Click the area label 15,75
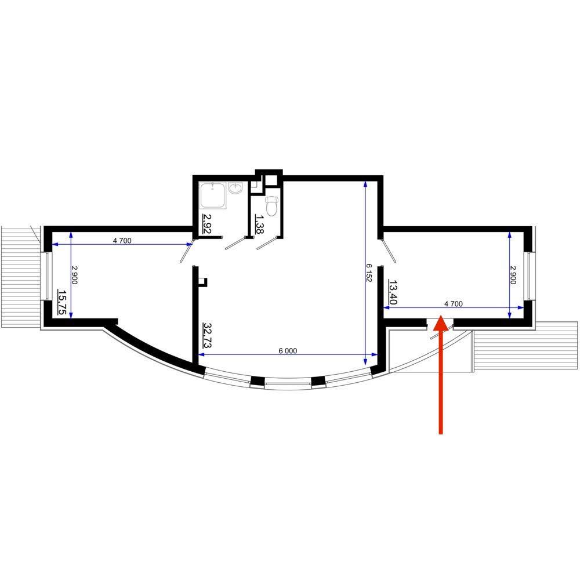pyautogui.click(x=62, y=302)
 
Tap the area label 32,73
pyautogui.click(x=207, y=335)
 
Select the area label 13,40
pyautogui.click(x=393, y=292)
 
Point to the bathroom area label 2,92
pyautogui.click(x=207, y=224)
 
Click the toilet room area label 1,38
pyautogui.click(x=260, y=224)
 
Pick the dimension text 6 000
pyautogui.click(x=288, y=351)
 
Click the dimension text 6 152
pyautogui.click(x=368, y=273)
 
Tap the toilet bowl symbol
pyautogui.click(x=272, y=206)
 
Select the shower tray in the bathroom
pyautogui.click(x=213, y=195)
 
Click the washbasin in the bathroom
pyautogui.click(x=235, y=188)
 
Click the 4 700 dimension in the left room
pyautogui.click(x=122, y=241)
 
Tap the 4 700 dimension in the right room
pyautogui.click(x=453, y=304)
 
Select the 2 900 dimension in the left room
pyautogui.click(x=74, y=275)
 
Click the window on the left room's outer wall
pyautogui.click(x=48, y=276)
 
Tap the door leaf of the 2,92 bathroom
pyautogui.click(x=235, y=244)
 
